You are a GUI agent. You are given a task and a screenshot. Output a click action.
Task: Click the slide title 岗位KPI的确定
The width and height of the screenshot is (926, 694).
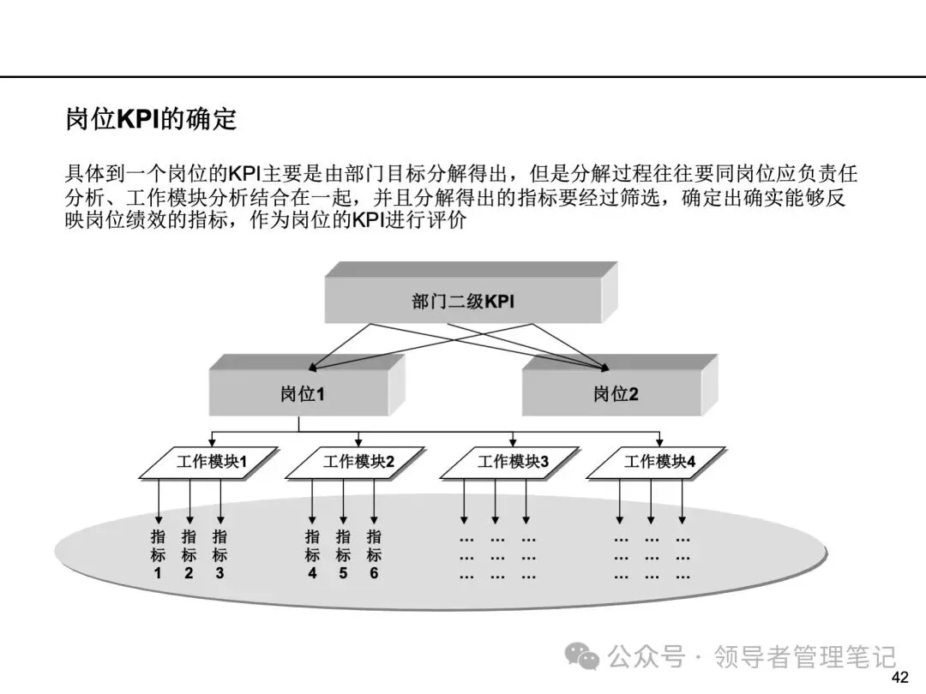pyautogui.click(x=151, y=118)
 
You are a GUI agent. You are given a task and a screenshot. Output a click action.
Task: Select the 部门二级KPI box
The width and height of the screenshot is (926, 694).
pyautogui.click(x=471, y=293)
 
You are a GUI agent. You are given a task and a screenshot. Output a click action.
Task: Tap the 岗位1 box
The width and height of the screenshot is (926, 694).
pyautogui.click(x=307, y=386)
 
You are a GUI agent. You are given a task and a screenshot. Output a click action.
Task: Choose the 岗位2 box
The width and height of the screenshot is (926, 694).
pyautogui.click(x=620, y=386)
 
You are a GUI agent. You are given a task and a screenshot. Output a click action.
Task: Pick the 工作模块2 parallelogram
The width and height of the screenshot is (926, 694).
pyautogui.click(x=356, y=463)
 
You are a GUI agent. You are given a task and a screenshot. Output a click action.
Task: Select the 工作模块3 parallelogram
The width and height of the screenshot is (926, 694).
pyautogui.click(x=510, y=463)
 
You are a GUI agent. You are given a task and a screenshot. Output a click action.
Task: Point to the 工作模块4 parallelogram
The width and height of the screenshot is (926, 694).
pyautogui.click(x=656, y=463)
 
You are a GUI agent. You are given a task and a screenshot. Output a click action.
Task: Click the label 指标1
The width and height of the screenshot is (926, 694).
pyautogui.click(x=158, y=554)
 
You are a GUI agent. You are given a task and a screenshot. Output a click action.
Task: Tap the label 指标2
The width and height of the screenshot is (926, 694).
pyautogui.click(x=189, y=554)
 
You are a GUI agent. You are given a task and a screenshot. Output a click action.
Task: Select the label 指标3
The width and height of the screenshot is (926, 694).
pyautogui.click(x=219, y=554)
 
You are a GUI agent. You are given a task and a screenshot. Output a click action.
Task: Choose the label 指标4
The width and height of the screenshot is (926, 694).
pyautogui.click(x=312, y=554)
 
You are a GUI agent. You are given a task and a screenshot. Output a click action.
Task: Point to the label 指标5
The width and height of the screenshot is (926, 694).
pyautogui.click(x=343, y=554)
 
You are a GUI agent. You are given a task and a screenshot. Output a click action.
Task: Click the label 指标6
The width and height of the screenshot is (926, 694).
pyautogui.click(x=374, y=554)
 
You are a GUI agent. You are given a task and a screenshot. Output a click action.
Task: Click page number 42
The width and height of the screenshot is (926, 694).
pyautogui.click(x=900, y=677)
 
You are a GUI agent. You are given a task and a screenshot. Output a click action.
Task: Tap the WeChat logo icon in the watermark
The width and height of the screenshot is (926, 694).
pyautogui.click(x=581, y=656)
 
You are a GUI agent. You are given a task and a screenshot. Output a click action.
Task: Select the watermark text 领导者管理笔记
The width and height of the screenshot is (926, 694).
pyautogui.click(x=805, y=656)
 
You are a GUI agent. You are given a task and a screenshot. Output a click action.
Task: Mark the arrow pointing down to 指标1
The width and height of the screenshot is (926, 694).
pyautogui.click(x=159, y=501)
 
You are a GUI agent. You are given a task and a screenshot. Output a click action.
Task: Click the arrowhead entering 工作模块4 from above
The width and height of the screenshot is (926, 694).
pyautogui.click(x=659, y=443)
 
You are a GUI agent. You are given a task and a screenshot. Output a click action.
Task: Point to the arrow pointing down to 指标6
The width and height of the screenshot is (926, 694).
pyautogui.click(x=374, y=501)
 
